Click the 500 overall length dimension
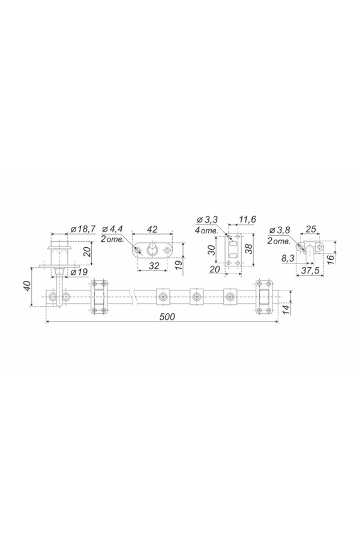(167, 316)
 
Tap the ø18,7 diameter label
(83, 229)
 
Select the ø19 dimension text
(79, 272)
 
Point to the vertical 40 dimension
(28, 286)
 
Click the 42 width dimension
(152, 229)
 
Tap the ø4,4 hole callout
(112, 229)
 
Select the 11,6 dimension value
(247, 220)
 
